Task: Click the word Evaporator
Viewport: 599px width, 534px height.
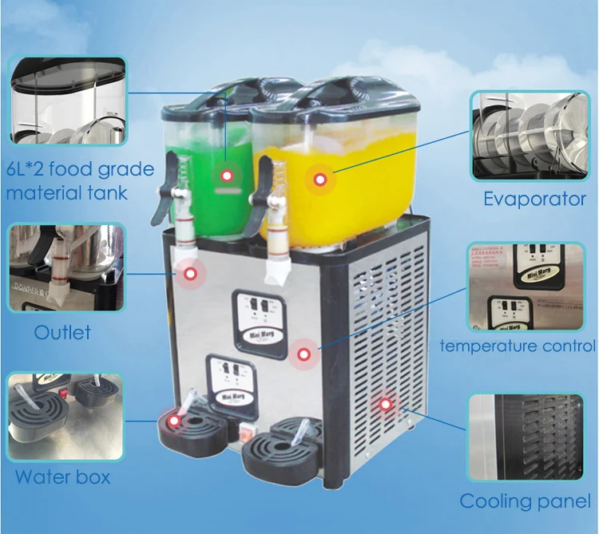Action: pyautogui.click(x=534, y=199)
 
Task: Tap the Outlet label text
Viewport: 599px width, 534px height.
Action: pyautogui.click(x=62, y=331)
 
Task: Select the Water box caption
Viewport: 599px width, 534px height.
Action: pyautogui.click(x=62, y=477)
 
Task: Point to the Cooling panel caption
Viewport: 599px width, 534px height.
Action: pyautogui.click(x=525, y=501)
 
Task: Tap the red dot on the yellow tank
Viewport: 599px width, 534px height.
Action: pyautogui.click(x=320, y=179)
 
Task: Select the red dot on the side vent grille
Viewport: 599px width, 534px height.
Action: pyautogui.click(x=387, y=405)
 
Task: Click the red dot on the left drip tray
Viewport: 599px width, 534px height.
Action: pyautogui.click(x=174, y=417)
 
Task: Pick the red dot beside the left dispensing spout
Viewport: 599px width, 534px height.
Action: pyautogui.click(x=190, y=275)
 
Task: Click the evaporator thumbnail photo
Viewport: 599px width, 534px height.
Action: pyautogui.click(x=528, y=135)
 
